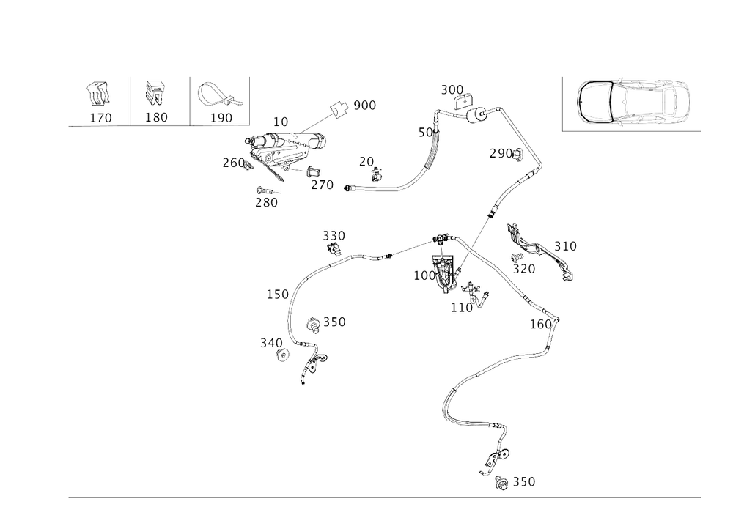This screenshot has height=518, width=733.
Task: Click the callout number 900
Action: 364,106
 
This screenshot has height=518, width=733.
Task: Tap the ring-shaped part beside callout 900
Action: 338,108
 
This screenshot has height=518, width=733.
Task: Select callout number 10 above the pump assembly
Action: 280,119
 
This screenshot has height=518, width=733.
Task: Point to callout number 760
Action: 232,163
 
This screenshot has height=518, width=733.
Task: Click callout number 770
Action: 323,185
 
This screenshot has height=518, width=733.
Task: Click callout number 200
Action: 452,89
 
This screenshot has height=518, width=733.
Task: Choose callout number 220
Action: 334,235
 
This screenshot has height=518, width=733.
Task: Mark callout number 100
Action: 423,276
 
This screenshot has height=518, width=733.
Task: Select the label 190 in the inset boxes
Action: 221,117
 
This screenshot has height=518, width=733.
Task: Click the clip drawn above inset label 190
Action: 218,94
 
